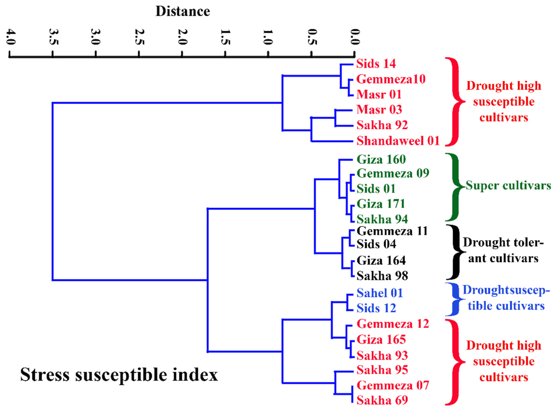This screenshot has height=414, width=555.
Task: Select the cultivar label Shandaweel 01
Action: pos(398,141)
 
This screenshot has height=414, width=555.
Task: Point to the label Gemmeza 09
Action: pos(393,173)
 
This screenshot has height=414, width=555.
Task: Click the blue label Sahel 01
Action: pos(380,293)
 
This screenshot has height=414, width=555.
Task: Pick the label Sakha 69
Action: pos(382,400)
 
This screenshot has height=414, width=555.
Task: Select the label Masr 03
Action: pos(379,110)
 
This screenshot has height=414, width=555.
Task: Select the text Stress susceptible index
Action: pos(119,375)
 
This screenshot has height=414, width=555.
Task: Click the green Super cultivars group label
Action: pos(508,186)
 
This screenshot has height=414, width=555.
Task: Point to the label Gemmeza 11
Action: pos(392,231)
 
